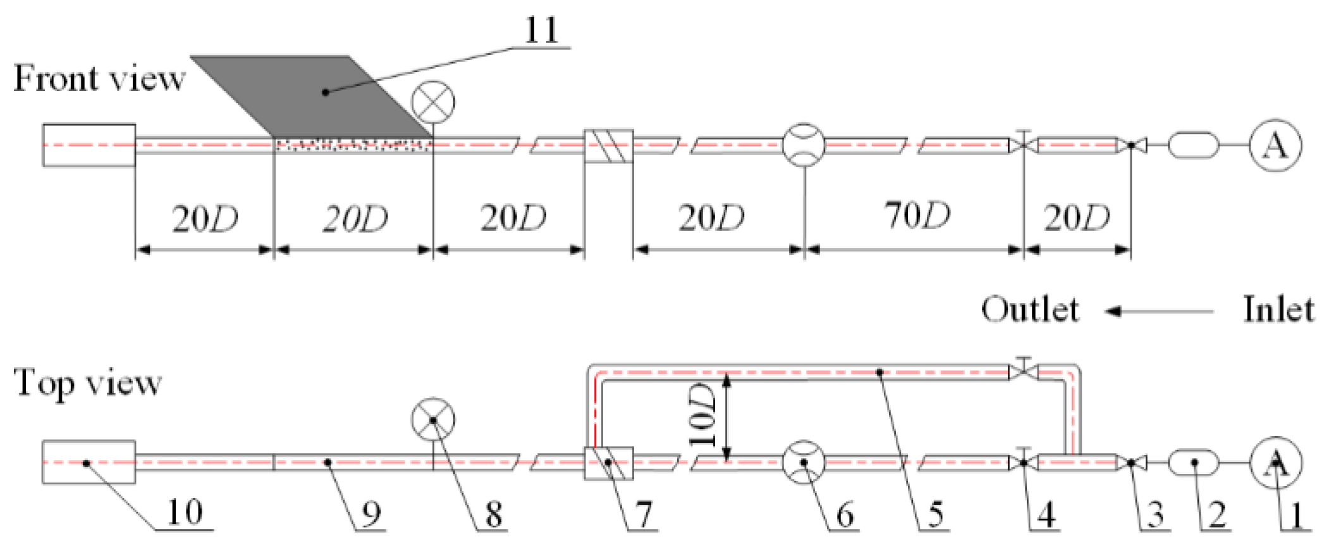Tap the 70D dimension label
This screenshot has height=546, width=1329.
(917, 216)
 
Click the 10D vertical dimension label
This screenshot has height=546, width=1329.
(703, 415)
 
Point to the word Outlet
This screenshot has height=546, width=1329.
(1030, 309)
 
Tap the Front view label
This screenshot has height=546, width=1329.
(99, 78)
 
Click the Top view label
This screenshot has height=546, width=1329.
(87, 383)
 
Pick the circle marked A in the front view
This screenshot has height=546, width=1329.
(1275, 146)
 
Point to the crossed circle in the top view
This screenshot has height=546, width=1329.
(433, 419)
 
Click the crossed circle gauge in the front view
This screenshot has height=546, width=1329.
(433, 102)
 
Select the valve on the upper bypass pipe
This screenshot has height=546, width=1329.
(1024, 370)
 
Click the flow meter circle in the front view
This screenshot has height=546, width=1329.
(804, 145)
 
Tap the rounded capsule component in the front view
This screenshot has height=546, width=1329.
(1194, 146)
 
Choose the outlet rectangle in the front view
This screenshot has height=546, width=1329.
(89, 146)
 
